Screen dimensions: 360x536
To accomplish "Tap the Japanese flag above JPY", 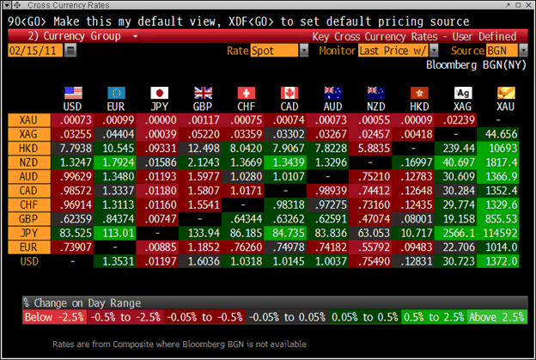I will click(x=159, y=93).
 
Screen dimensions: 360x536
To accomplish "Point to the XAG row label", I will click(x=27, y=134).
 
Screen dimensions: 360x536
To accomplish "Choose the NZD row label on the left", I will click(x=27, y=162).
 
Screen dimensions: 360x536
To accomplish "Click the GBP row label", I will click(x=27, y=217).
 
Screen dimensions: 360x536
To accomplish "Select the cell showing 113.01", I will click(x=114, y=231).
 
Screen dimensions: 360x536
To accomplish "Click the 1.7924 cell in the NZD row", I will click(x=114, y=162).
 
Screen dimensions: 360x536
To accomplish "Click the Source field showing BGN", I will click(x=494, y=51).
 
